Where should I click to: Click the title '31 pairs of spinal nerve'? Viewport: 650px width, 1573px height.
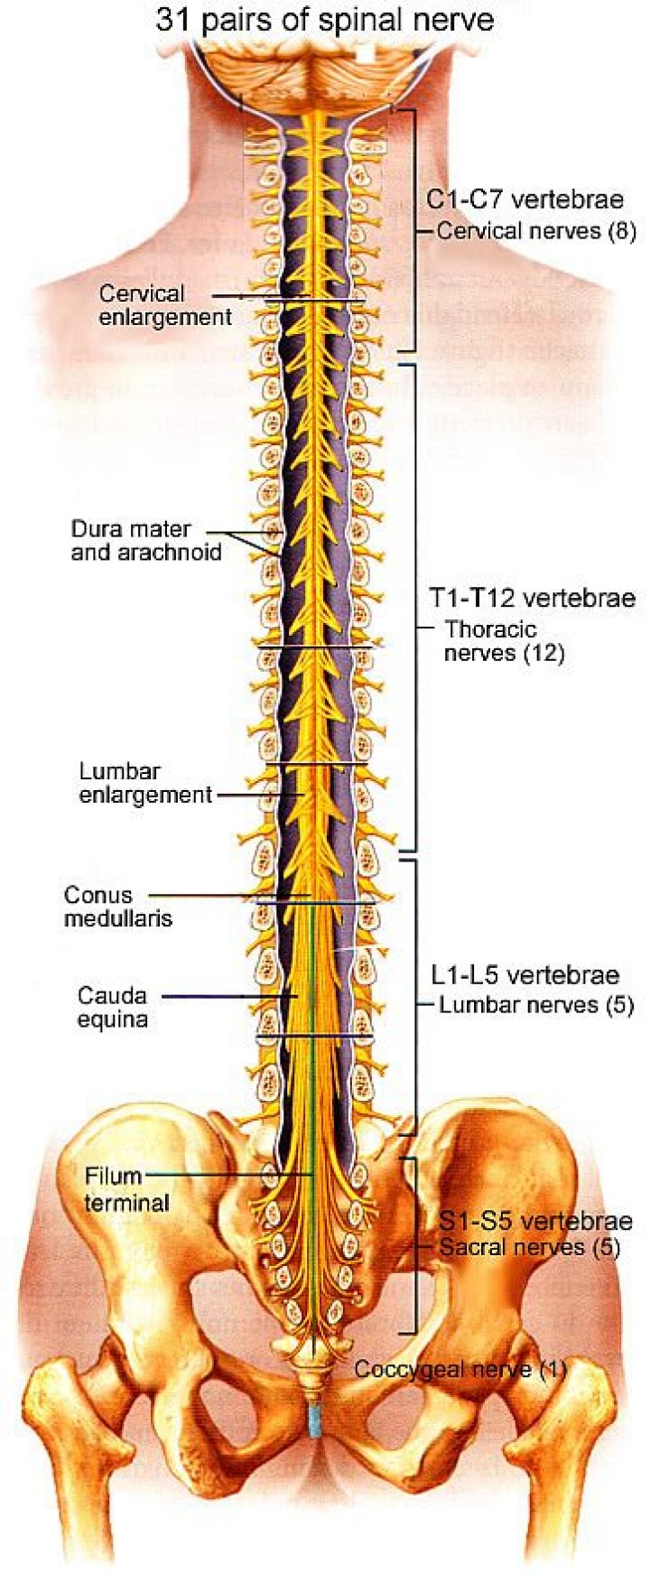(x=325, y=19)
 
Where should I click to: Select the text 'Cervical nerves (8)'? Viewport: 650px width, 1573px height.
(x=536, y=231)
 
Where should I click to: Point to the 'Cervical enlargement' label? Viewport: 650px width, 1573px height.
(x=165, y=305)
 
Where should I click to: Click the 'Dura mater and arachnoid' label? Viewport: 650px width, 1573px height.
(x=145, y=540)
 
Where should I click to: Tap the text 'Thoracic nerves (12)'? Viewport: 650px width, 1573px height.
(x=504, y=641)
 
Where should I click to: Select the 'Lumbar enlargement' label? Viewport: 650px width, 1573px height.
(x=144, y=783)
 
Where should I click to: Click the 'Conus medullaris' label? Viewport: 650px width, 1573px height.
(x=117, y=907)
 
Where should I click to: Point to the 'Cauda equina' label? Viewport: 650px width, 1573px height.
(x=112, y=1008)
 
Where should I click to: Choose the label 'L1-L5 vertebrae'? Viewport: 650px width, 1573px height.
(x=525, y=975)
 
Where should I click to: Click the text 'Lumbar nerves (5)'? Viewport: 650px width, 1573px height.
(x=536, y=1004)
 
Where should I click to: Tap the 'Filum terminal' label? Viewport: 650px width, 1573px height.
(x=126, y=1189)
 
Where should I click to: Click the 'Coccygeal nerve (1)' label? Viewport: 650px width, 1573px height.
(x=460, y=1369)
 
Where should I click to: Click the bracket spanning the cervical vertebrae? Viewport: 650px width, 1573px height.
(x=413, y=230)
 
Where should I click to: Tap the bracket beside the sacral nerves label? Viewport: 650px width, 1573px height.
(x=413, y=1246)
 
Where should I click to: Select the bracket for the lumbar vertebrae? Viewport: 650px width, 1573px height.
(x=414, y=998)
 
